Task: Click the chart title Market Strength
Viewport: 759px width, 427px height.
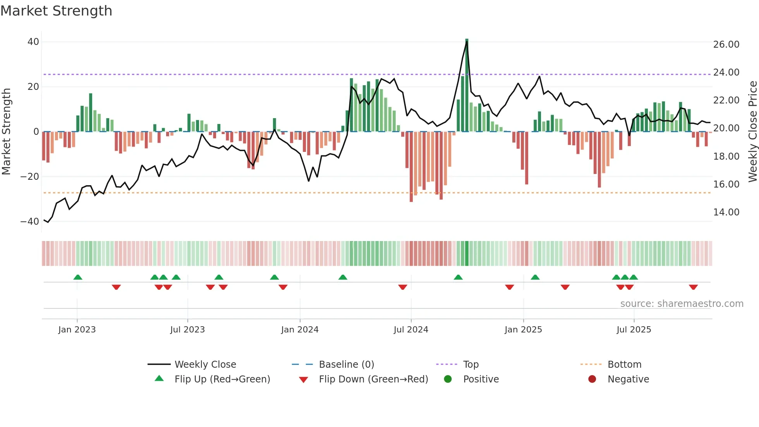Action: pos(57,11)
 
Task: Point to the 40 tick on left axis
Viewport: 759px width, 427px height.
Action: pos(33,42)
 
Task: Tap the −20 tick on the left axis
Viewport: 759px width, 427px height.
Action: pos(30,177)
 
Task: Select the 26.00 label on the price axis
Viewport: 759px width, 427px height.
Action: pos(726,45)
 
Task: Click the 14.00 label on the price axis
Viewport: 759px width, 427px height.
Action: pos(726,212)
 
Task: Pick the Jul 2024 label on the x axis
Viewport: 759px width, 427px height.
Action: pos(411,330)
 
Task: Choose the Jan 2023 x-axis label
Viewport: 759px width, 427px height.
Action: pos(77,330)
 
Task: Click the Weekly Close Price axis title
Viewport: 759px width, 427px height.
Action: pos(752,132)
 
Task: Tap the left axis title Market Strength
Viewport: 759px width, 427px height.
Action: pos(7,132)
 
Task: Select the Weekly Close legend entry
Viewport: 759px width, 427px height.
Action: pos(205,365)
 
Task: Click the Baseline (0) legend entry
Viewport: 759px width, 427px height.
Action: pos(346,365)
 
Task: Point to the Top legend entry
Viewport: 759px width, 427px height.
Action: pos(471,365)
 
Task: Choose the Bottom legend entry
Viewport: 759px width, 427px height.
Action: pos(624,365)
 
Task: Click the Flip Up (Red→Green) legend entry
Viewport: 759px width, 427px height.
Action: pos(222,379)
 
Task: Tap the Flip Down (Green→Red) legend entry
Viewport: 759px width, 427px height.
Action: pos(373,379)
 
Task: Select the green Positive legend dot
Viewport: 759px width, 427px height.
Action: pos(448,379)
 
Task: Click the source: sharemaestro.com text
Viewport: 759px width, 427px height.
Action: pos(682,304)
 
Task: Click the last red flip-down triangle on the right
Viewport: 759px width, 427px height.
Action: pos(693,287)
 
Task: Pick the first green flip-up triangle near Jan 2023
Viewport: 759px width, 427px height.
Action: pos(78,277)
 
